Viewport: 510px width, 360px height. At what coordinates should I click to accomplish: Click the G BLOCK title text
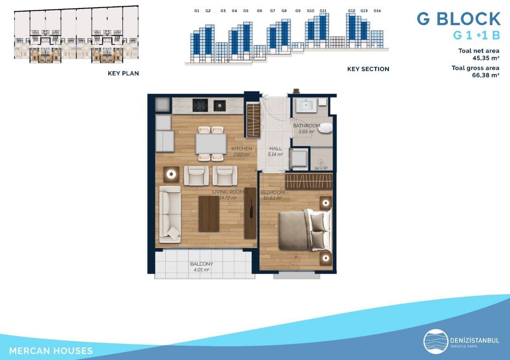click(x=459, y=19)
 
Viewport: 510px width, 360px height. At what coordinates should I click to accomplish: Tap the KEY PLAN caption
click(x=123, y=74)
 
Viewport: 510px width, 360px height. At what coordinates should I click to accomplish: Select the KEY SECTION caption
click(x=368, y=69)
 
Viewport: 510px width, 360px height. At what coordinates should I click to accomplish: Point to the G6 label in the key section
click(x=259, y=11)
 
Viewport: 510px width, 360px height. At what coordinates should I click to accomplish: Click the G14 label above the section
click(x=377, y=11)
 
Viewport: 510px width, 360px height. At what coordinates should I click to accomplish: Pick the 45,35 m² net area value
click(x=486, y=58)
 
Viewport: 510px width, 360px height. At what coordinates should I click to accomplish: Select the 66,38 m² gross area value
click(x=486, y=75)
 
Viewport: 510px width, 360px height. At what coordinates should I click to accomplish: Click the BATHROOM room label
click(x=306, y=125)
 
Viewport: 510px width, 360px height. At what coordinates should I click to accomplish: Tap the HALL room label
click(x=275, y=149)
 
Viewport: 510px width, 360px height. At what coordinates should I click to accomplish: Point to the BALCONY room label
click(x=202, y=264)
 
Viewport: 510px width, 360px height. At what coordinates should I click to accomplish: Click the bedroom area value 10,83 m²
click(x=273, y=198)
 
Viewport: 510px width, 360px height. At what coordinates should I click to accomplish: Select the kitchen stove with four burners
click(x=200, y=105)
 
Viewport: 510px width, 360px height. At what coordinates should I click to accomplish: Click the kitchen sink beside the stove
click(x=220, y=106)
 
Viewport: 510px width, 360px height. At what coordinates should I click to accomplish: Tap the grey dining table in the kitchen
click(x=211, y=144)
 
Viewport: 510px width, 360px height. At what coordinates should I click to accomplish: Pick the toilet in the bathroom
click(x=325, y=128)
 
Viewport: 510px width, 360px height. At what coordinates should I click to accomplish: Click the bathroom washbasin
click(x=306, y=106)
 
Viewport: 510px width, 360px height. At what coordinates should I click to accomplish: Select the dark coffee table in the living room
click(x=209, y=214)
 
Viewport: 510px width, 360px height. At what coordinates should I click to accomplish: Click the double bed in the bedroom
click(x=305, y=230)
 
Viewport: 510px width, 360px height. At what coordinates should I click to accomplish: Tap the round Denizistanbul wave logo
click(x=436, y=341)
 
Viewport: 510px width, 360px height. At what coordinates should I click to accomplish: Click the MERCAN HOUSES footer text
click(x=51, y=351)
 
